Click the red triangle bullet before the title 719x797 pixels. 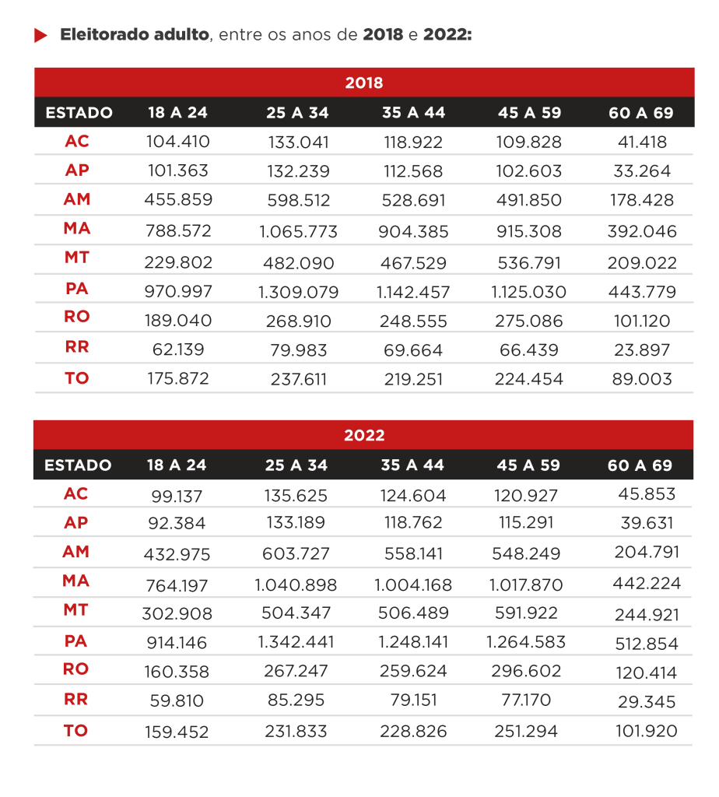(x=40, y=36)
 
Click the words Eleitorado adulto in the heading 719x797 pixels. (x=135, y=36)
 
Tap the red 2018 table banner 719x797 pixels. (x=363, y=83)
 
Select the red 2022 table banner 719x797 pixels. (x=363, y=435)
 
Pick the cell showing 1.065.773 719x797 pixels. (x=298, y=231)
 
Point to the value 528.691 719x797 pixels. (x=413, y=200)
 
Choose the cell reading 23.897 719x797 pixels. (x=641, y=349)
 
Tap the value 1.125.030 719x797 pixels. (x=528, y=292)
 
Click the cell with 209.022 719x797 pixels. (x=641, y=263)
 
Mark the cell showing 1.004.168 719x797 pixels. (x=413, y=585)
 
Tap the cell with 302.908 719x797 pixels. (x=177, y=614)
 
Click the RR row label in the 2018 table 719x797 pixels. (x=76, y=348)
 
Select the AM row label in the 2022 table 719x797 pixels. (x=76, y=552)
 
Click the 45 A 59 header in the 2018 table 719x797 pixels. (x=529, y=113)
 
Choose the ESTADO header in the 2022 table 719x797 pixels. (x=78, y=465)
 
